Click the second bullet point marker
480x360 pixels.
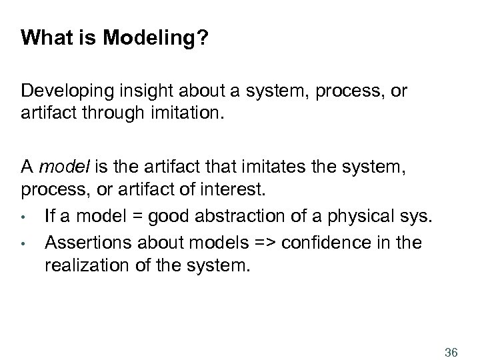pyautogui.click(x=23, y=242)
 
